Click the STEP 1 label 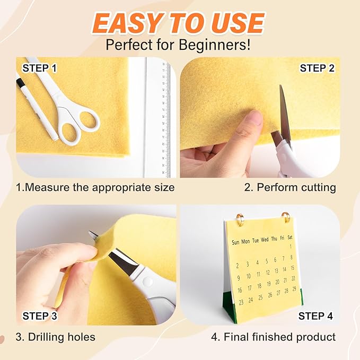tap(39, 68)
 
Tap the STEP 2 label tap(317, 68)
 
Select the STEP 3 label tap(39, 317)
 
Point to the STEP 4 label tap(315, 317)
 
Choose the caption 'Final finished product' tap(279, 337)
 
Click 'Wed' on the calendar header tap(265, 240)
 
